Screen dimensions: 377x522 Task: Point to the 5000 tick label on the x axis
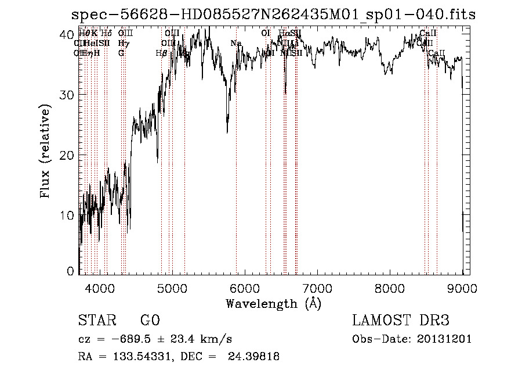click(x=172, y=288)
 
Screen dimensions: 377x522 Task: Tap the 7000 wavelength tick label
click(x=317, y=288)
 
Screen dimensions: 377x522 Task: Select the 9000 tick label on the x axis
click(x=462, y=288)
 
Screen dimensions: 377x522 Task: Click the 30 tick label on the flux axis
click(x=67, y=95)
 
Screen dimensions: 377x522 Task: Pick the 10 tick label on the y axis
click(x=67, y=216)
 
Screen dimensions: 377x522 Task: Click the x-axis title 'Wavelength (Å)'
click(x=273, y=303)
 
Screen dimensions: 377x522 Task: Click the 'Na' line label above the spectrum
click(x=235, y=43)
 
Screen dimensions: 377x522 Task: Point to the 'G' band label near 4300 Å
click(x=121, y=53)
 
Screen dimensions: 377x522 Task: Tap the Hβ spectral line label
click(x=161, y=53)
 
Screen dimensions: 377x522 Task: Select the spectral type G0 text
click(x=150, y=321)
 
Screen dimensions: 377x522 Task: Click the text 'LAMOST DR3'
click(x=400, y=321)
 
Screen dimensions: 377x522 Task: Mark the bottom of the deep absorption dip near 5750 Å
click(x=227, y=132)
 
